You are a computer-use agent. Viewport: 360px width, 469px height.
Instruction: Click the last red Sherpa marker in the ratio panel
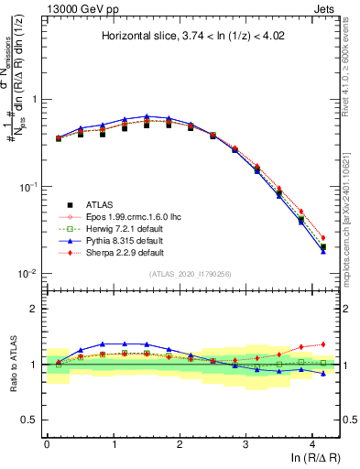tap(323, 344)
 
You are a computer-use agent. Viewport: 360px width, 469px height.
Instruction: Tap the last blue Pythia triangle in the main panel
tap(323, 251)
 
